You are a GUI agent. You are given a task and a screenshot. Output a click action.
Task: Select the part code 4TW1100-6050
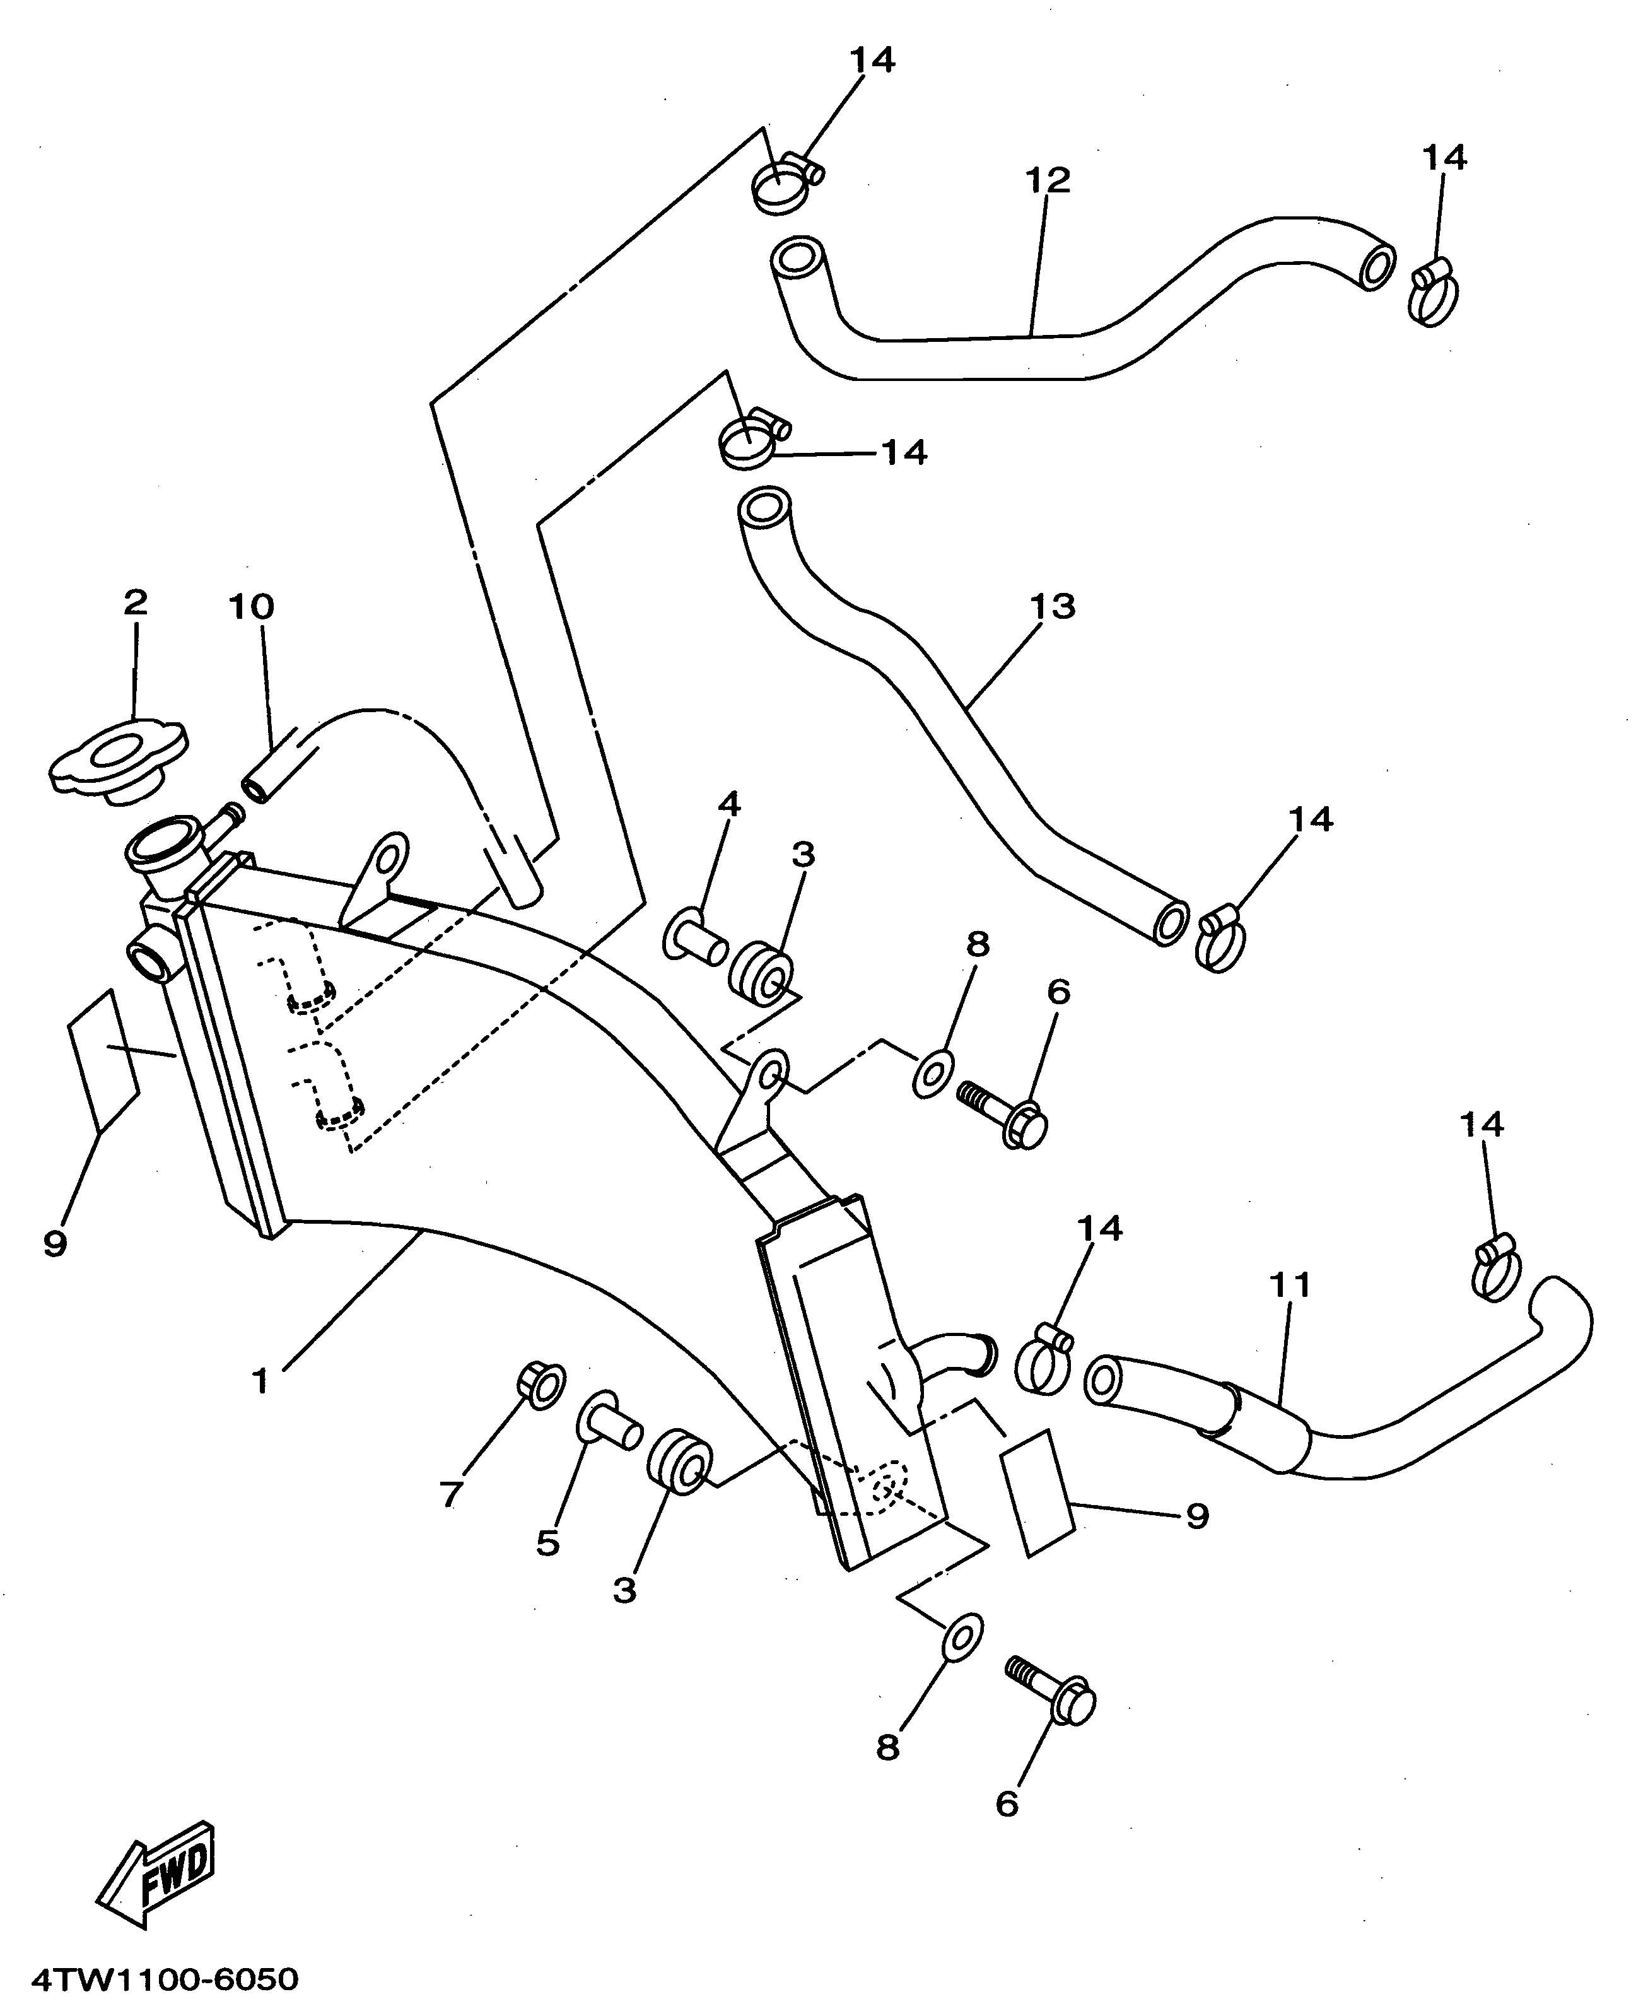tap(165, 1980)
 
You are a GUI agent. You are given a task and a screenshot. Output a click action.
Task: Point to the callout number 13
tap(1052, 605)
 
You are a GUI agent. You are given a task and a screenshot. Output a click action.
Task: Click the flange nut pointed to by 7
tap(542, 1386)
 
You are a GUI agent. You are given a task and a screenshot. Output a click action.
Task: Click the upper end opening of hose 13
tap(763, 509)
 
